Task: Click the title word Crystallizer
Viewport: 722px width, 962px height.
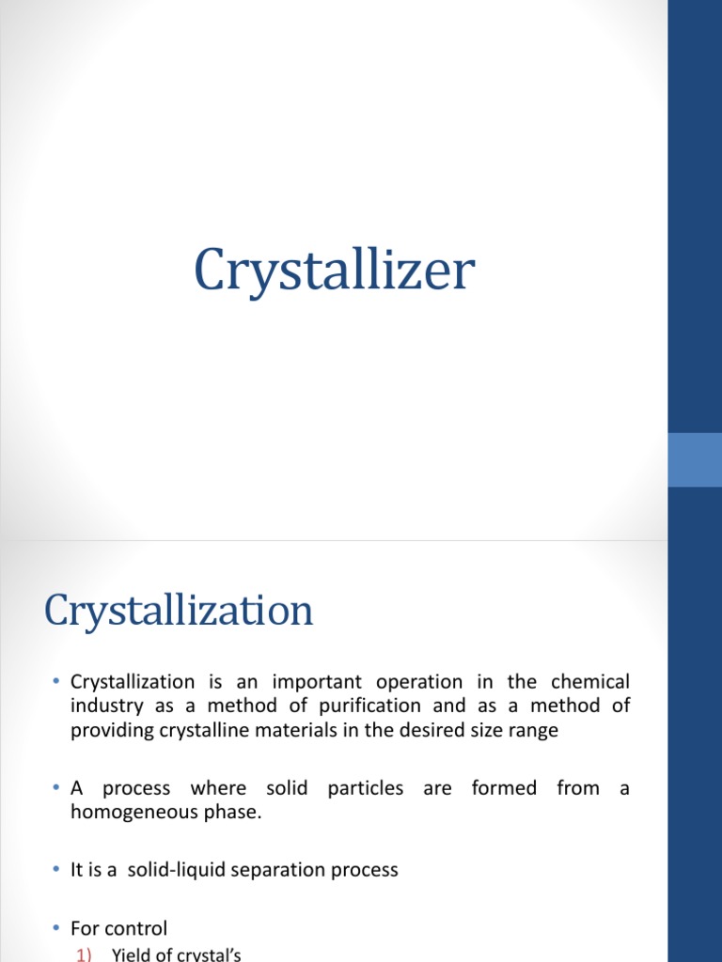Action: [x=334, y=272]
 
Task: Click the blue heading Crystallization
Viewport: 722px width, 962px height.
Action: [x=179, y=612]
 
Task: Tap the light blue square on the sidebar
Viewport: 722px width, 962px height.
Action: [x=695, y=459]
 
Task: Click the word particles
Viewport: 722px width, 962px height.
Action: [x=365, y=788]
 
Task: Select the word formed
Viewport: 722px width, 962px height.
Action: [x=504, y=788]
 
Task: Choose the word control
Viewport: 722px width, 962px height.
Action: [x=137, y=928]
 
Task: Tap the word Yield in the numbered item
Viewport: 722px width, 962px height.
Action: [x=130, y=955]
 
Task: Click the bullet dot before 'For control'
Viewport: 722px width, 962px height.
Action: [x=56, y=928]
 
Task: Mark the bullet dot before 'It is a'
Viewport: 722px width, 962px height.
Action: [x=56, y=870]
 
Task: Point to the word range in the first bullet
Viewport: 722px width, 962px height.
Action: [x=535, y=731]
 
